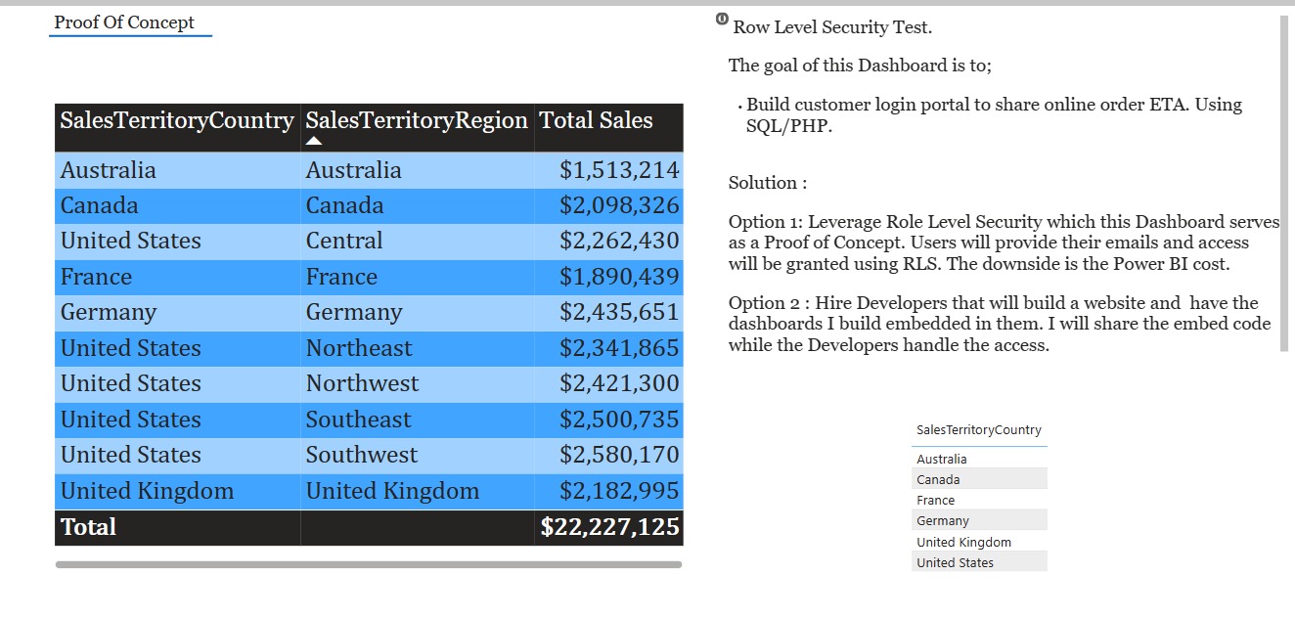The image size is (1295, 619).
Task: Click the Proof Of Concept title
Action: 124,22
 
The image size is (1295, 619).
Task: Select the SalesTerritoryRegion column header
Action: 417,120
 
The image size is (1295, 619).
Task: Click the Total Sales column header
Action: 597,120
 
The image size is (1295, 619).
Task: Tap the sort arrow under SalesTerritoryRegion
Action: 314,142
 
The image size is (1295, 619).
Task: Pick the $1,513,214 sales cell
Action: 619,170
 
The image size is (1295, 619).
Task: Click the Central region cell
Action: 344,241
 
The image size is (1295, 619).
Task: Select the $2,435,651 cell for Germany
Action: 619,312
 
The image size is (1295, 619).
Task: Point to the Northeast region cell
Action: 359,348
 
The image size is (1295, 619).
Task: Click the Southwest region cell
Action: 361,455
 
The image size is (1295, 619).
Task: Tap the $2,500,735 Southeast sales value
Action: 619,420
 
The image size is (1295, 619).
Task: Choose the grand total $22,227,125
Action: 610,527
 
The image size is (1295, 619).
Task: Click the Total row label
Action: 88,527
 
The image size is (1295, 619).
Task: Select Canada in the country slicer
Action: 938,479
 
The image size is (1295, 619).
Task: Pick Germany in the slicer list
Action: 943,520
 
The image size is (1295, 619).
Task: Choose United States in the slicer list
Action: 955,562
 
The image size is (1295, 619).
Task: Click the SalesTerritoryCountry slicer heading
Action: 979,430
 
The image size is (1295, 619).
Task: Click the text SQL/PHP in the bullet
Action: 788,126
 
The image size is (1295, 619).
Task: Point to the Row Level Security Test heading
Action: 832,27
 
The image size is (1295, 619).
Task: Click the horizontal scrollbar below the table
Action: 369,564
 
